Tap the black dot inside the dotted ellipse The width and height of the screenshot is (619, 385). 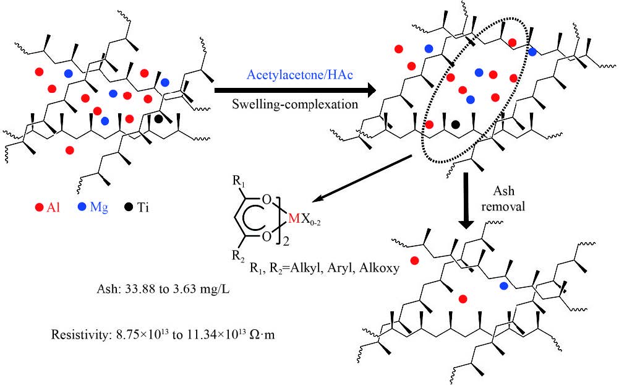456,124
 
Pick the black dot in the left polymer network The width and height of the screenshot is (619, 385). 159,118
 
